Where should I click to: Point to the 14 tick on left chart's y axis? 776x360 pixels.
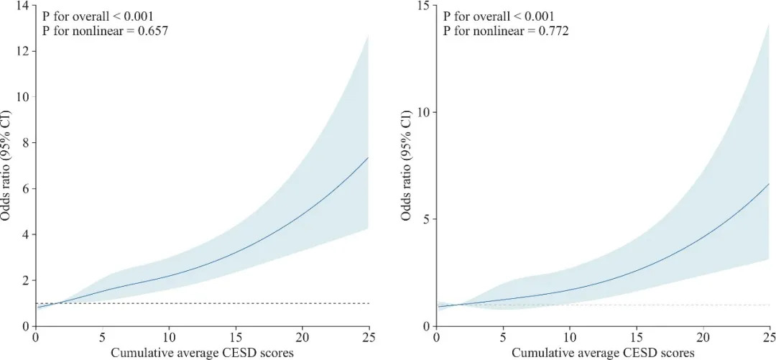(x=22, y=6)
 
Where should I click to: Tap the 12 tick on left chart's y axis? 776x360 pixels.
(x=22, y=52)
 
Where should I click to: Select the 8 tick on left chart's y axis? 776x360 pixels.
(x=25, y=143)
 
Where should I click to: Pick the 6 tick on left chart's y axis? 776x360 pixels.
(x=25, y=189)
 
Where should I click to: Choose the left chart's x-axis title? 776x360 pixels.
(x=202, y=353)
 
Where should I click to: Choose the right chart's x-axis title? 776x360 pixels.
(x=603, y=353)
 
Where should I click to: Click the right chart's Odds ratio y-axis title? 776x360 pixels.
(x=407, y=165)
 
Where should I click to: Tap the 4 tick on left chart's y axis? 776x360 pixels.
(x=25, y=235)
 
